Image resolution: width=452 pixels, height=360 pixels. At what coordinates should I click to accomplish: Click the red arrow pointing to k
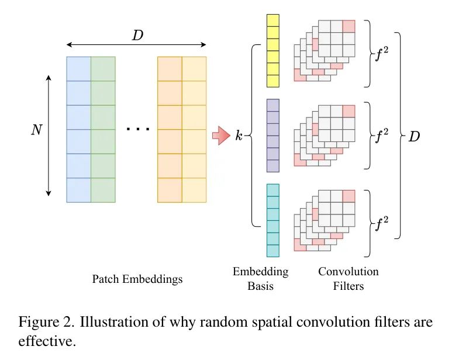[220, 136]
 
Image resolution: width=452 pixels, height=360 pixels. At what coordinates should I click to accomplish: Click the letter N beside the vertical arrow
[36, 130]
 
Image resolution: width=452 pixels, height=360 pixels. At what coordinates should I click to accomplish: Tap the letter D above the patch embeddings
[137, 35]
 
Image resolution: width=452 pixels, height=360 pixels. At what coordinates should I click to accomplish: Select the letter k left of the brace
[239, 136]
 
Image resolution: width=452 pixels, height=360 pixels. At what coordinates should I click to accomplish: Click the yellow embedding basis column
[273, 50]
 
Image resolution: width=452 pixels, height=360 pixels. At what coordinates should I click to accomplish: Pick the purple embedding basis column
[273, 136]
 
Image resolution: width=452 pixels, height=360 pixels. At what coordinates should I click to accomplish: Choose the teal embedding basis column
[273, 220]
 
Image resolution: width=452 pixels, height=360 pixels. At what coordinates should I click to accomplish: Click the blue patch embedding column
[78, 129]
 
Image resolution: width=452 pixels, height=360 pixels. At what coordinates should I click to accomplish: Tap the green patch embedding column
[103, 129]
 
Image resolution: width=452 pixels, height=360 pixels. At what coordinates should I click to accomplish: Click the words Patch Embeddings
[137, 279]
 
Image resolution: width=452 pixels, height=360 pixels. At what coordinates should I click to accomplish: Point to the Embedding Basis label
[260, 279]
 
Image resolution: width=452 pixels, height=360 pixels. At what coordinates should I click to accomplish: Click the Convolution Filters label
[349, 279]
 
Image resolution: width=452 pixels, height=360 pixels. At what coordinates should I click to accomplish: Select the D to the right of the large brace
[414, 137]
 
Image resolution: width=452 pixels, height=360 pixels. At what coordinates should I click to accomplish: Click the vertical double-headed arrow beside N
[49, 135]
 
